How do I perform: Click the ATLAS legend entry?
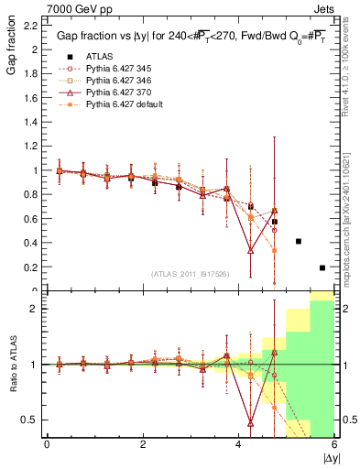86,56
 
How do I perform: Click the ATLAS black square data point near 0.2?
322,267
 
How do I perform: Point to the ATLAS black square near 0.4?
299,242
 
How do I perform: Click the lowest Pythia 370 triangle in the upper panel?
250,250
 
